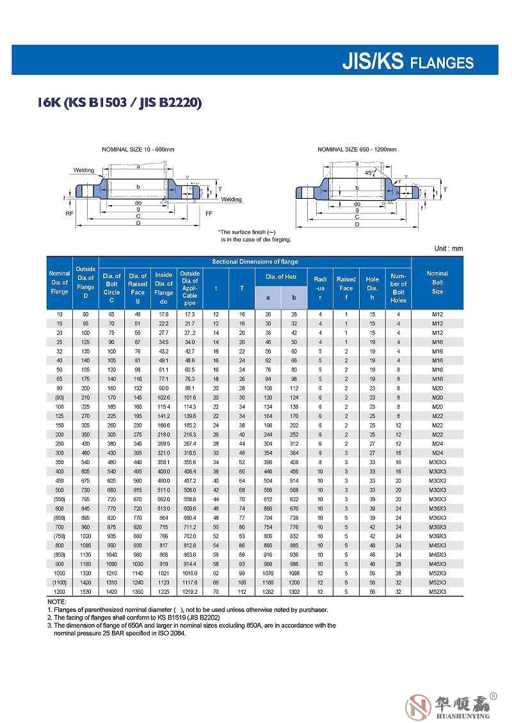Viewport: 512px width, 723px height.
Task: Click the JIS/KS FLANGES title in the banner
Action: [408, 61]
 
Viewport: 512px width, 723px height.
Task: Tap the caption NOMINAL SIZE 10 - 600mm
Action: [138, 149]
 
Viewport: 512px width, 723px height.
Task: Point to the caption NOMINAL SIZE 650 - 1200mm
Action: [357, 149]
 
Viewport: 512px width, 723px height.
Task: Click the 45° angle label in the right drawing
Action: [369, 173]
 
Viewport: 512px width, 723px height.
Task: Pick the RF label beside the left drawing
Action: [69, 213]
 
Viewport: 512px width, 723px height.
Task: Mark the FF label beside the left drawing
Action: [209, 213]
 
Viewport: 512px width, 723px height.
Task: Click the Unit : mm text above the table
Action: [448, 249]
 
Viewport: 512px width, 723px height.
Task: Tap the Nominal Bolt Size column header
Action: [437, 282]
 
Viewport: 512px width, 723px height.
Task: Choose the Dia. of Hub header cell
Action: [281, 277]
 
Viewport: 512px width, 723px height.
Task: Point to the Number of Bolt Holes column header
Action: [398, 288]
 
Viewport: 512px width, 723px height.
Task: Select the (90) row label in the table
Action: [60, 397]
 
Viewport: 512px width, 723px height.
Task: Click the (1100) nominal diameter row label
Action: [60, 582]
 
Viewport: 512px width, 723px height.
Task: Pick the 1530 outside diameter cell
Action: [85, 592]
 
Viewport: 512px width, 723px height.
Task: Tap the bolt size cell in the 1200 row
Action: [437, 592]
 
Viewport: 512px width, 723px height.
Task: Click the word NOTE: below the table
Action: [56, 602]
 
